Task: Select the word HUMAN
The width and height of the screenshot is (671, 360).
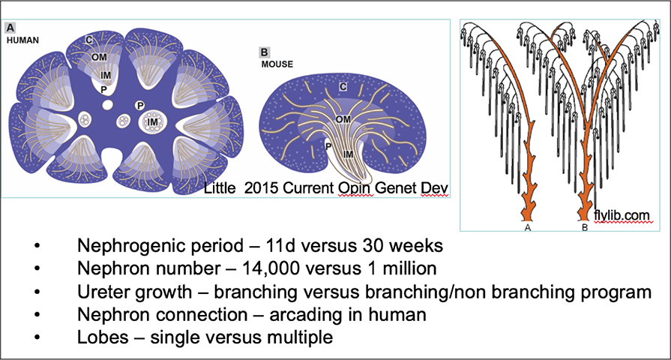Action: click(22, 38)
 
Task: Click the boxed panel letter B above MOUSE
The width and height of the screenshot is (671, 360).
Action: click(264, 52)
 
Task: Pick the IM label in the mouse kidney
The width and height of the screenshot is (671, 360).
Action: click(346, 152)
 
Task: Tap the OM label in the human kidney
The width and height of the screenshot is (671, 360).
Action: click(97, 56)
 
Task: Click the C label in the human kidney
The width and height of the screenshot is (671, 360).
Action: click(88, 40)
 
